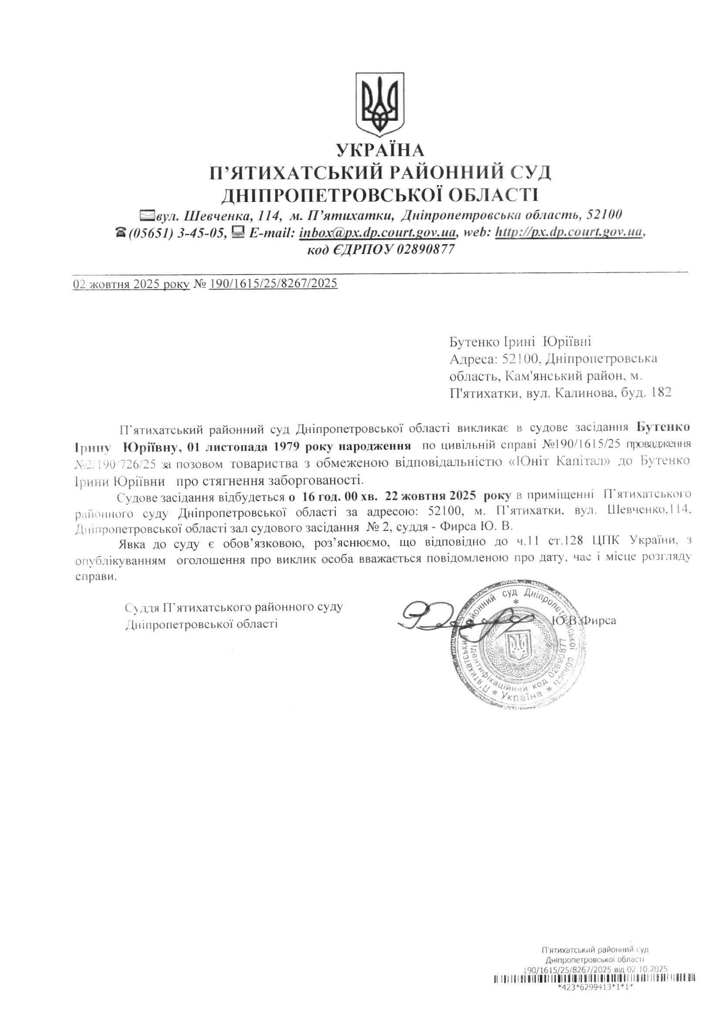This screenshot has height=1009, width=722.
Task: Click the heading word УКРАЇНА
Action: (x=380, y=151)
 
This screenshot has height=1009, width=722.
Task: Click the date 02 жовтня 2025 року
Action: (x=131, y=283)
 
